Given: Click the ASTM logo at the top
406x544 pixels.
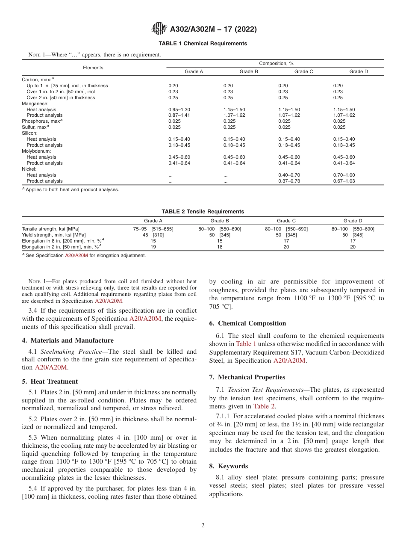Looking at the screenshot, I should (x=159, y=29).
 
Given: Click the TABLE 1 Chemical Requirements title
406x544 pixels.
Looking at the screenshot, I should (x=203, y=44).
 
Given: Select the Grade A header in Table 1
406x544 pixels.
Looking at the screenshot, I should (x=194, y=71).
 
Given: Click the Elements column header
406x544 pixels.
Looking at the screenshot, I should (x=93, y=68).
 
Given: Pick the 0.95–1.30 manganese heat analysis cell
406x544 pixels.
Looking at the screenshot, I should (x=179, y=109).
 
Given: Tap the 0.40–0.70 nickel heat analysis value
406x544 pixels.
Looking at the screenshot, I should (x=289, y=175).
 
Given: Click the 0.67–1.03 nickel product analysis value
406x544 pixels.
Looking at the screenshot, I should (x=344, y=181).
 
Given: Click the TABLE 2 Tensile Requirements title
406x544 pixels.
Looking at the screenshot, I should (x=203, y=212).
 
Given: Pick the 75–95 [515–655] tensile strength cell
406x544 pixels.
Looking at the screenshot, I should (x=153, y=229).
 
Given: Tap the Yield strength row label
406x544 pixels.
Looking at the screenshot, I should (x=53, y=235).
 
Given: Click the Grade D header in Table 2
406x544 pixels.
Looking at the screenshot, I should (x=353, y=221).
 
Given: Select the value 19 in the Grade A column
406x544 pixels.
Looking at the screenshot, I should (x=153, y=247).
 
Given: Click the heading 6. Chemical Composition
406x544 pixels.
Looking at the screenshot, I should (x=247, y=323).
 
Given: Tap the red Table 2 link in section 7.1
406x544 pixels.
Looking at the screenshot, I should (x=264, y=406).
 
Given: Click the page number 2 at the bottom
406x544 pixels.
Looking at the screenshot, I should (x=203, y=526).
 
